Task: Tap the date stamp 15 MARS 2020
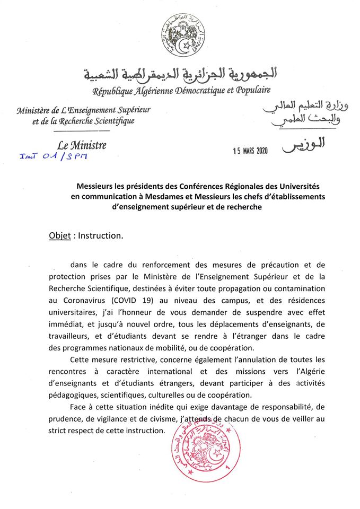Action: pos(251,150)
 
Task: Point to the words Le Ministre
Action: pos(82,144)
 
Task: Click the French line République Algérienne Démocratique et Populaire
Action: pos(182,91)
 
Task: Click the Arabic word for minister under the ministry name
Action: pos(303,145)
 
